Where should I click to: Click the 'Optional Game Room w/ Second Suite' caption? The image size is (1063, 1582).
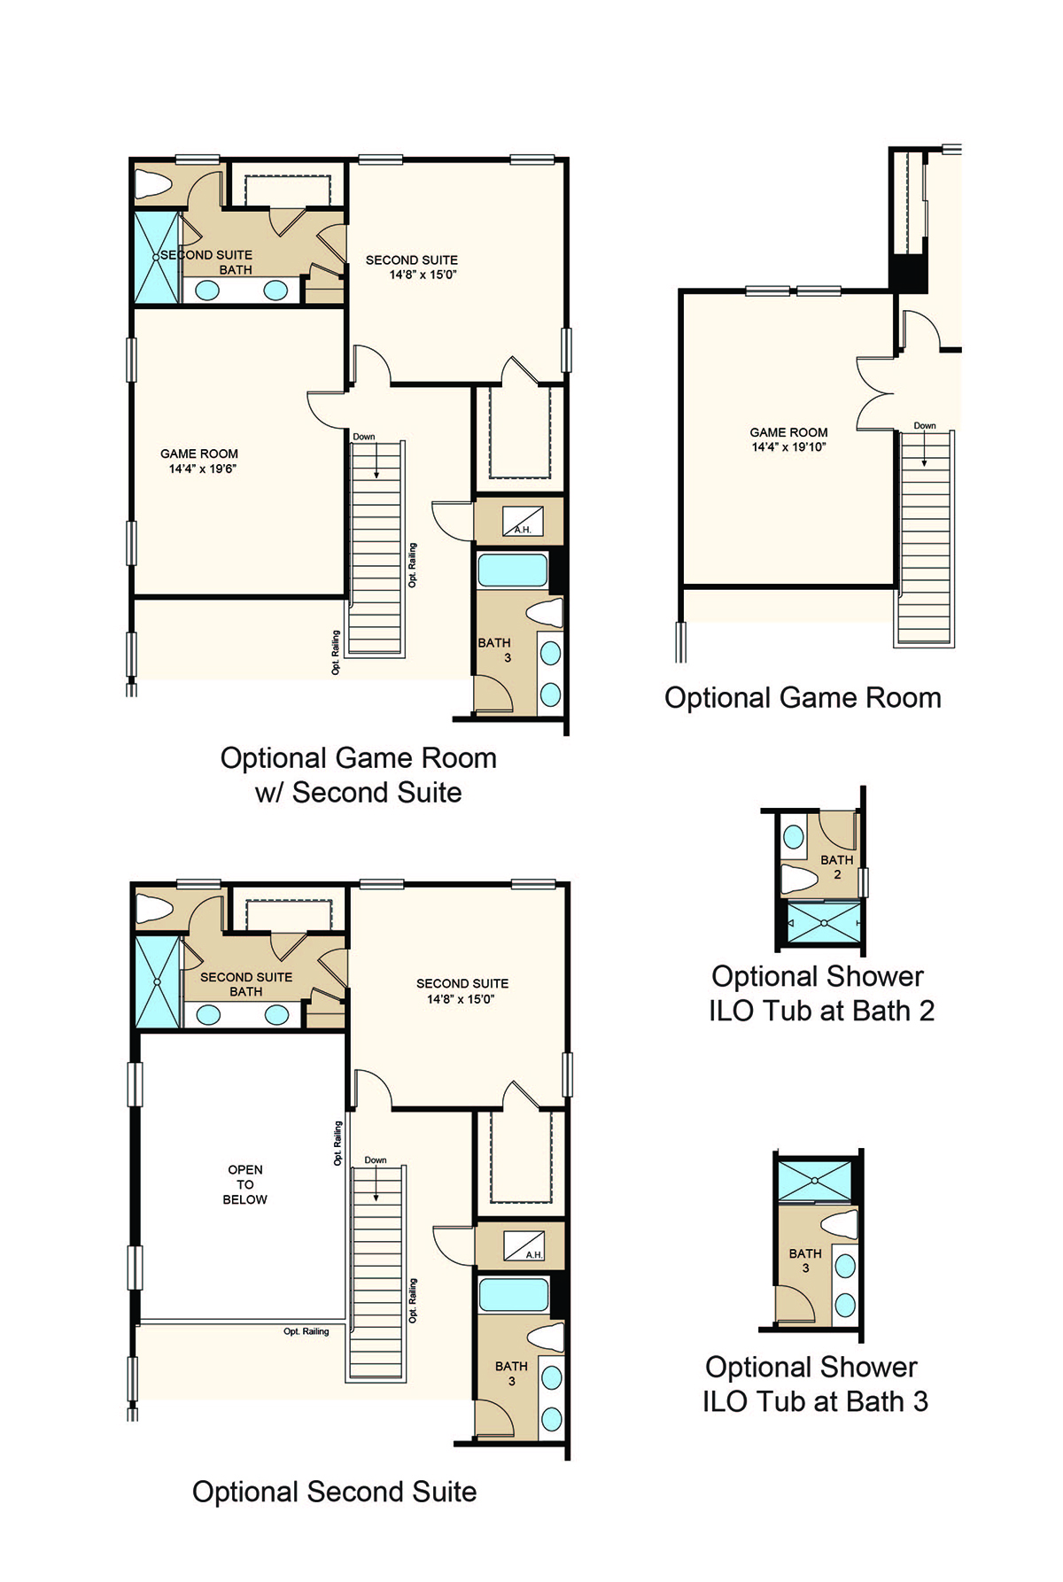[x=358, y=775]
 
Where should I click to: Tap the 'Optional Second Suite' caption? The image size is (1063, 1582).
[x=334, y=1492]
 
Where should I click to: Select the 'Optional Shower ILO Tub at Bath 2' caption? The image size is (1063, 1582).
[x=821, y=994]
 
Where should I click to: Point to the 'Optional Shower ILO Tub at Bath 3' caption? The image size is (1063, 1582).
[x=815, y=1384]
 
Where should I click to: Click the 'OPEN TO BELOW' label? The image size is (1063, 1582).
[x=244, y=1184]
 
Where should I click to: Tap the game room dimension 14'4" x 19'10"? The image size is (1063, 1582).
[x=788, y=447]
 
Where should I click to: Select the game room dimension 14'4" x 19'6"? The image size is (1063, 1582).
[x=203, y=469]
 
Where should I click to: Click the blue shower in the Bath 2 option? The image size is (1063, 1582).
[x=824, y=923]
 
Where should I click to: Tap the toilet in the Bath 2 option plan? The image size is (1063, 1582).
[x=799, y=880]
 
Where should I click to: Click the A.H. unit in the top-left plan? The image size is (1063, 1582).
[x=523, y=521]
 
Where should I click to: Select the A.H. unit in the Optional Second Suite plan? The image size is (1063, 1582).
[x=524, y=1245]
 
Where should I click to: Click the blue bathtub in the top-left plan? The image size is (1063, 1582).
[x=512, y=570]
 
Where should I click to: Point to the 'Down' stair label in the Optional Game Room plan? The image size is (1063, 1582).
[x=925, y=426]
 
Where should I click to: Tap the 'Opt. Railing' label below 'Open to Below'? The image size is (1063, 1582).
[x=306, y=1331]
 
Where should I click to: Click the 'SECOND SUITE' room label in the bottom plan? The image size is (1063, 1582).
[x=462, y=983]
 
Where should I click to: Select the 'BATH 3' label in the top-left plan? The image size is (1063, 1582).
[x=494, y=650]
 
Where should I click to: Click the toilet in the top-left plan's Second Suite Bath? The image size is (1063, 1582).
[x=152, y=184]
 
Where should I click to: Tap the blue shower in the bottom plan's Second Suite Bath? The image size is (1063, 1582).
[x=157, y=981]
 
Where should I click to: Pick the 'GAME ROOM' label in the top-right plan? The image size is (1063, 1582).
[x=788, y=432]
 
